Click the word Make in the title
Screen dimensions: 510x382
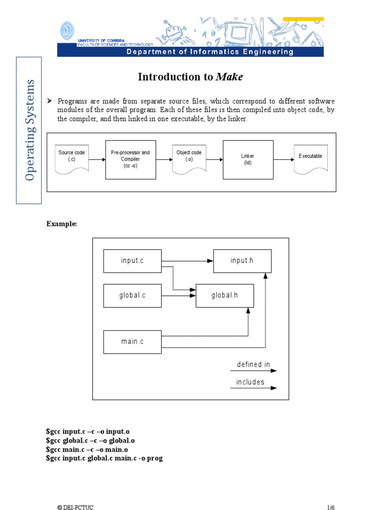point(230,77)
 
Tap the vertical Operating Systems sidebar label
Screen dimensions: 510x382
point(29,130)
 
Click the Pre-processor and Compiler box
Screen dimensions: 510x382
point(130,159)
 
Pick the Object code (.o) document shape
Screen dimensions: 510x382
point(189,159)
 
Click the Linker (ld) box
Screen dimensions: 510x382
point(248,159)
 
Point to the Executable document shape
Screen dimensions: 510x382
point(310,159)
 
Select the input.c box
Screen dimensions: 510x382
point(132,261)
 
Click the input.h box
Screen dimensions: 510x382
point(242,261)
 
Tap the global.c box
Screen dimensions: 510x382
point(132,295)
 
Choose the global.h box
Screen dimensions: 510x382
point(225,295)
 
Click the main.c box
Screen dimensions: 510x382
point(132,342)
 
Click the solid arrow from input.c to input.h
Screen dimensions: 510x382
point(187,261)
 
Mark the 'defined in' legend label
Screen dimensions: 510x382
point(253,365)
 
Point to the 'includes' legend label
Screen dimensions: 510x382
point(250,382)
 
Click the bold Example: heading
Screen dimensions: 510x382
point(62,224)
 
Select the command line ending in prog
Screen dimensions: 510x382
point(104,458)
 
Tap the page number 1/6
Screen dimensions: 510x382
point(331,507)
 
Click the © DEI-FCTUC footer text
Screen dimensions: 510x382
point(75,507)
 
